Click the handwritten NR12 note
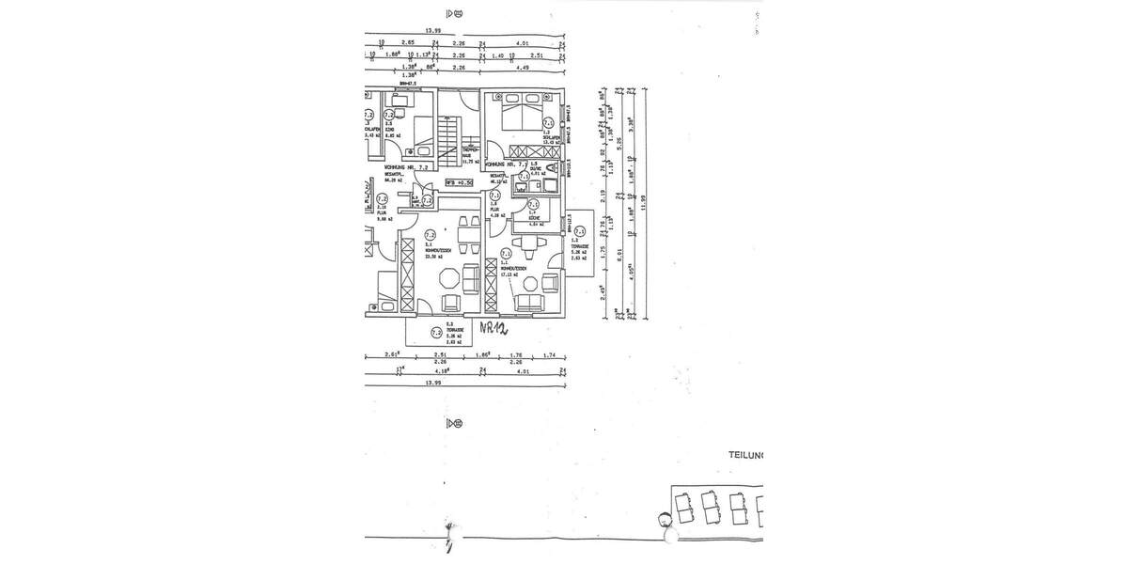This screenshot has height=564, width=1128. click(x=493, y=329)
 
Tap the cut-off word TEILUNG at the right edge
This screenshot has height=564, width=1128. click(x=746, y=455)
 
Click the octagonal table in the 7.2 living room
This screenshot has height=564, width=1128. click(x=449, y=278)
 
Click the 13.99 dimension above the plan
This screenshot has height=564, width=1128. click(x=433, y=31)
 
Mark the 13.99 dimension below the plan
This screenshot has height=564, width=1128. click(x=433, y=384)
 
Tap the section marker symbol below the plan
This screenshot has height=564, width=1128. click(x=456, y=423)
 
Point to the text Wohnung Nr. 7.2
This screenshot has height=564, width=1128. click(x=406, y=166)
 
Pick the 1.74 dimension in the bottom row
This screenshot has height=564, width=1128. click(x=550, y=355)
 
